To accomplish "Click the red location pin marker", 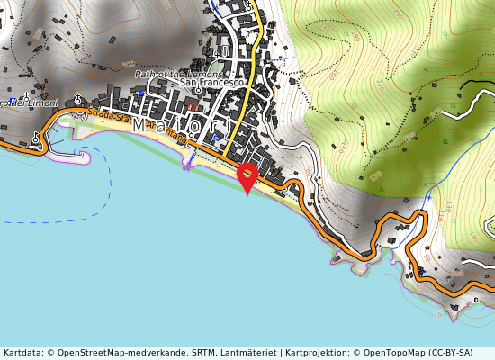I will (247, 176).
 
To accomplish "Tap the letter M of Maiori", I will (139, 128).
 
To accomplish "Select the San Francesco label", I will (212, 83).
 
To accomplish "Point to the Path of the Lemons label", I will (178, 73).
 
